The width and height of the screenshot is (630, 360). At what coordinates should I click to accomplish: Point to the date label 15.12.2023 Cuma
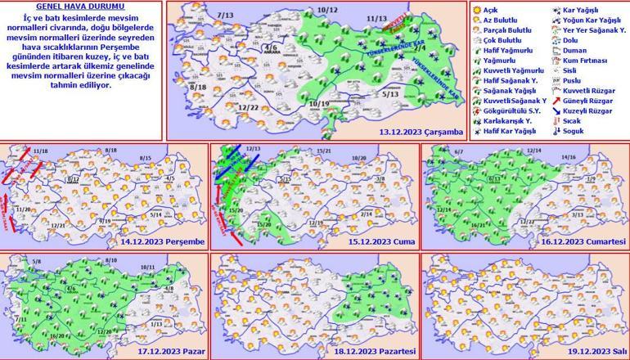[385, 242]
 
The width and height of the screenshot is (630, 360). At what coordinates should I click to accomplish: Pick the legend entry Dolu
[580, 40]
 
